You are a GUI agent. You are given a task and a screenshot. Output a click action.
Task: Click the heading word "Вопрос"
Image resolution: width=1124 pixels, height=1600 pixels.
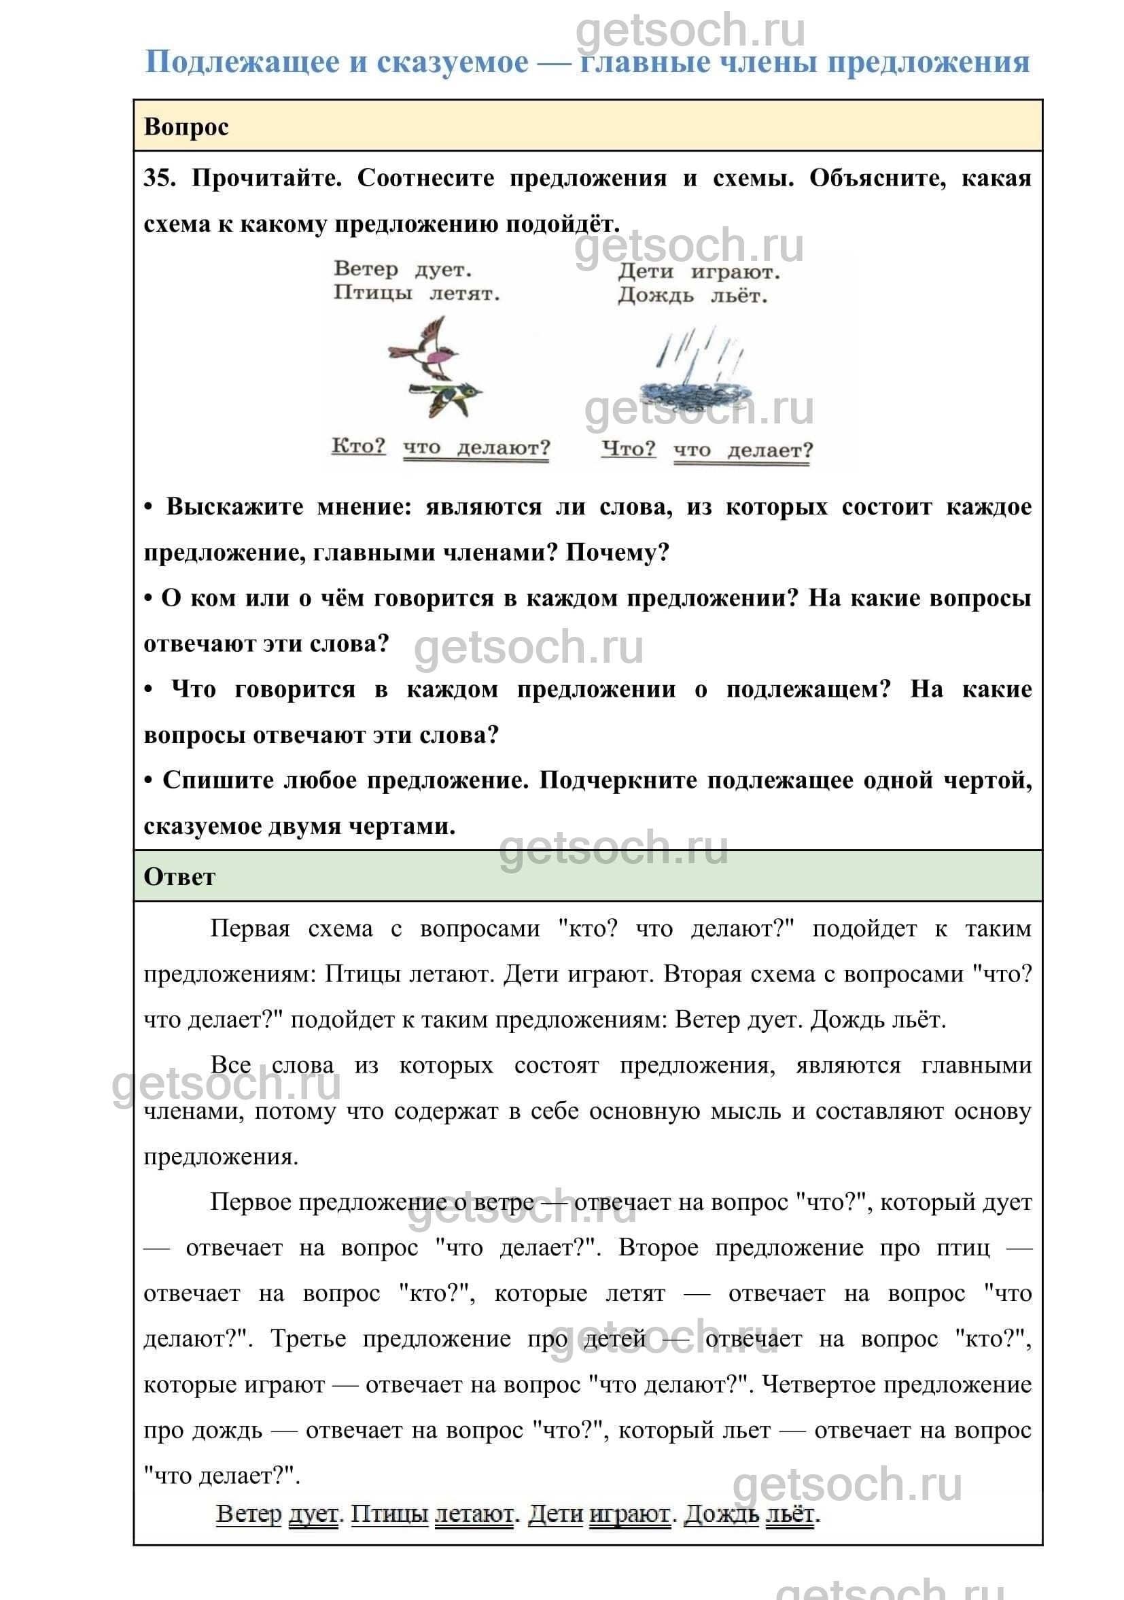click(x=186, y=128)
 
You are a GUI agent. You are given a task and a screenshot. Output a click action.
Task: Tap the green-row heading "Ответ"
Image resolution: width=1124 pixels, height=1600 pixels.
click(x=179, y=877)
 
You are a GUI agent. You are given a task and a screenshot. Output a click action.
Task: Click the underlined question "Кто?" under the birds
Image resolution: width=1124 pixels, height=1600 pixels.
click(x=358, y=446)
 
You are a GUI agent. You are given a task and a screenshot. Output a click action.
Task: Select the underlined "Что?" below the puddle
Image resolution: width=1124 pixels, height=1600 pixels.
click(x=629, y=449)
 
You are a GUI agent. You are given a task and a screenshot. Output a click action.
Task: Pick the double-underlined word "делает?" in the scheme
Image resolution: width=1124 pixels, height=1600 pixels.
click(x=770, y=450)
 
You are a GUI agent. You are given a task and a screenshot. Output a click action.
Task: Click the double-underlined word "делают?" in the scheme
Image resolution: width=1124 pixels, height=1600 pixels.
click(x=503, y=447)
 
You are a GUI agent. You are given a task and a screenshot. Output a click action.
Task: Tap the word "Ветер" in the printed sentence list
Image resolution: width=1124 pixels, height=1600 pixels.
click(x=366, y=268)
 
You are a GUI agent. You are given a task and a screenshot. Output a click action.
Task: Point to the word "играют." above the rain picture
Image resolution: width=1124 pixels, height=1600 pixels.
click(x=735, y=272)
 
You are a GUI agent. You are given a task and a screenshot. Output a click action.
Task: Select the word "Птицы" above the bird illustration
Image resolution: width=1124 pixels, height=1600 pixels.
click(x=372, y=293)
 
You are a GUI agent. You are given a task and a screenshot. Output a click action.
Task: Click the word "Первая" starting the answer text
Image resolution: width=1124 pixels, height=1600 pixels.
click(x=249, y=929)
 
